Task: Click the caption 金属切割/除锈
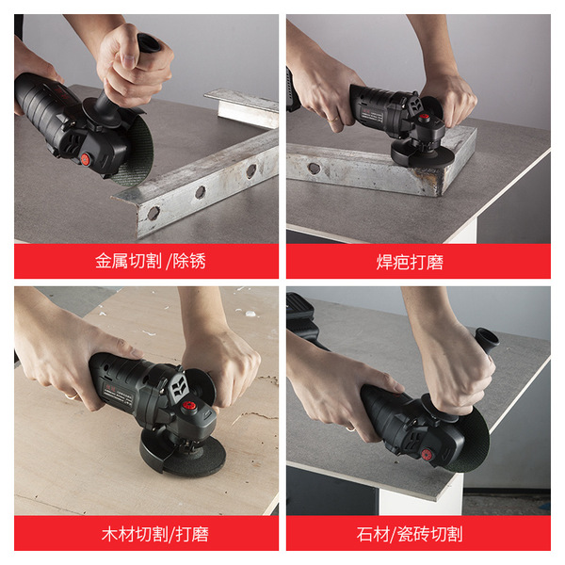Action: point(151,261)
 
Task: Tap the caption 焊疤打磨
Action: point(410,262)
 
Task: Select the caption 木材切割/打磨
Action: point(155,534)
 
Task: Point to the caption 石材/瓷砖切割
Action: point(410,534)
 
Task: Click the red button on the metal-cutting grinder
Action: point(86,158)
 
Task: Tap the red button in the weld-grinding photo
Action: point(424,117)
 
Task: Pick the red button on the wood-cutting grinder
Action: point(187,405)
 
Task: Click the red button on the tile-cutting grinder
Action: point(427,455)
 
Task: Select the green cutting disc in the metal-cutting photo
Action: point(135,152)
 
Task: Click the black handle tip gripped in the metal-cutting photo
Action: point(149,43)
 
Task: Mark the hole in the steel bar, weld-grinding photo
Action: point(314,168)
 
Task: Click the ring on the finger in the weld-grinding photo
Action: point(334,119)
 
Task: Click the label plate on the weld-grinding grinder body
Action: point(373,118)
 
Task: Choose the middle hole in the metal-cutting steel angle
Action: point(201,192)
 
